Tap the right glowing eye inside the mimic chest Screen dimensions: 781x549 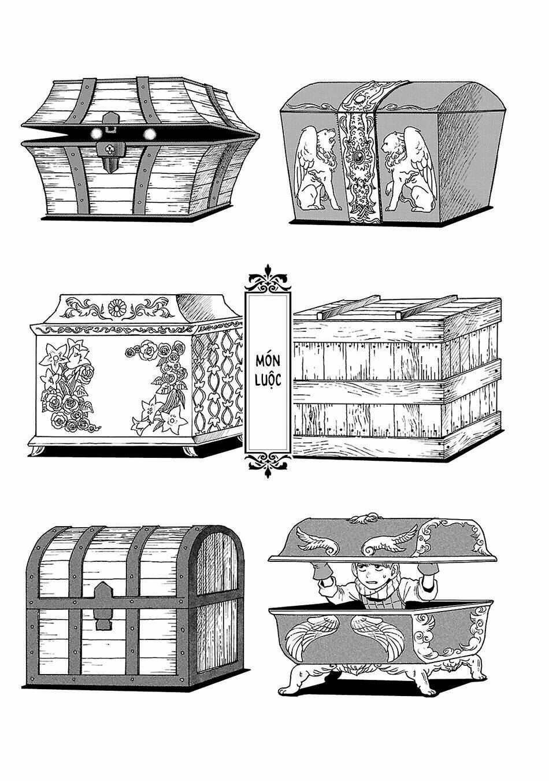[x=150, y=134]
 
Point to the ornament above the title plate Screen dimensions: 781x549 [x=268, y=277]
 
